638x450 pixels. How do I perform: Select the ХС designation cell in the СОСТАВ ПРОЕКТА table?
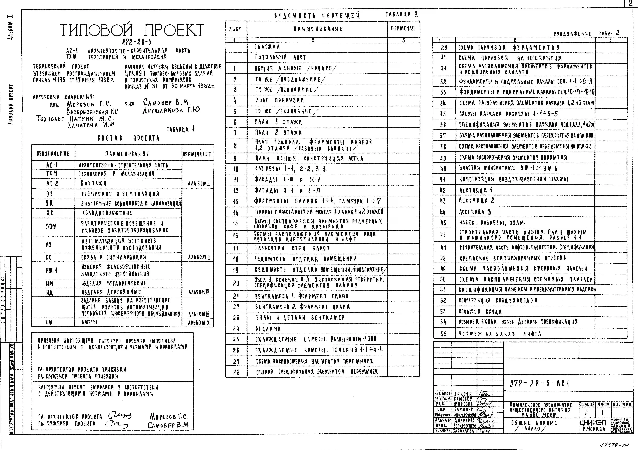pyautogui.click(x=49, y=213)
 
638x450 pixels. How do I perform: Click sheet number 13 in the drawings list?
pyautogui.click(x=236, y=201)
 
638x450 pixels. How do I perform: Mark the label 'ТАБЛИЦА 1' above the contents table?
pyautogui.click(x=181, y=129)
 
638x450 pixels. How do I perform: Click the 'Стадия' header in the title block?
pyautogui.click(x=587, y=404)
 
